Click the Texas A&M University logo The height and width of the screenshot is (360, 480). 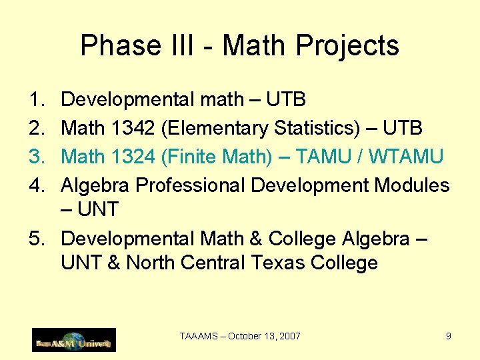click(x=74, y=340)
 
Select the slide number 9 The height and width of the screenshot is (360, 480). click(x=449, y=336)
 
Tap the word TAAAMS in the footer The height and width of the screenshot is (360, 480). click(x=198, y=336)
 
